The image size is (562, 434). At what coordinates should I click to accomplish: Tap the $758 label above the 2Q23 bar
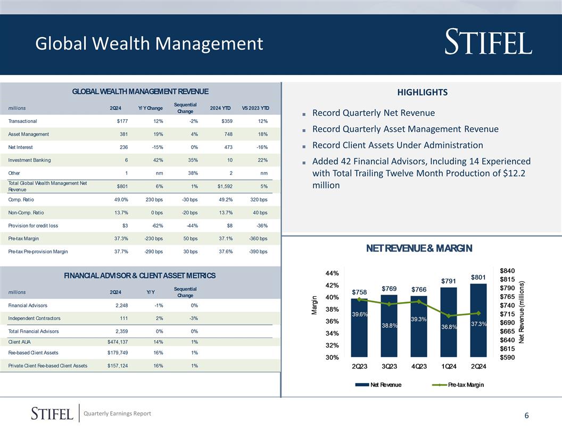click(x=359, y=293)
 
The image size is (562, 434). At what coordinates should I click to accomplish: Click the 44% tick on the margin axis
click(x=333, y=273)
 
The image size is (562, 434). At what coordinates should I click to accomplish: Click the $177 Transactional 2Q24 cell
click(x=122, y=121)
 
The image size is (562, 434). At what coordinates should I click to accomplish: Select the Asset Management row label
click(x=29, y=134)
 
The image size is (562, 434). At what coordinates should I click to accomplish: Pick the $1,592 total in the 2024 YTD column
click(x=224, y=186)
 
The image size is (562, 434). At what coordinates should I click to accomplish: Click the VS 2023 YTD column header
click(x=255, y=108)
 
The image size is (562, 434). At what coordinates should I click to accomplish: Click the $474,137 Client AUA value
click(x=117, y=341)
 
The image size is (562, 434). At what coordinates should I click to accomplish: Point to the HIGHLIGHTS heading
click(x=422, y=93)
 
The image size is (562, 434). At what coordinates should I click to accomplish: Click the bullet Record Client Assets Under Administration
click(x=397, y=145)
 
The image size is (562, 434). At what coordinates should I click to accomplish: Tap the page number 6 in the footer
click(x=526, y=416)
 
